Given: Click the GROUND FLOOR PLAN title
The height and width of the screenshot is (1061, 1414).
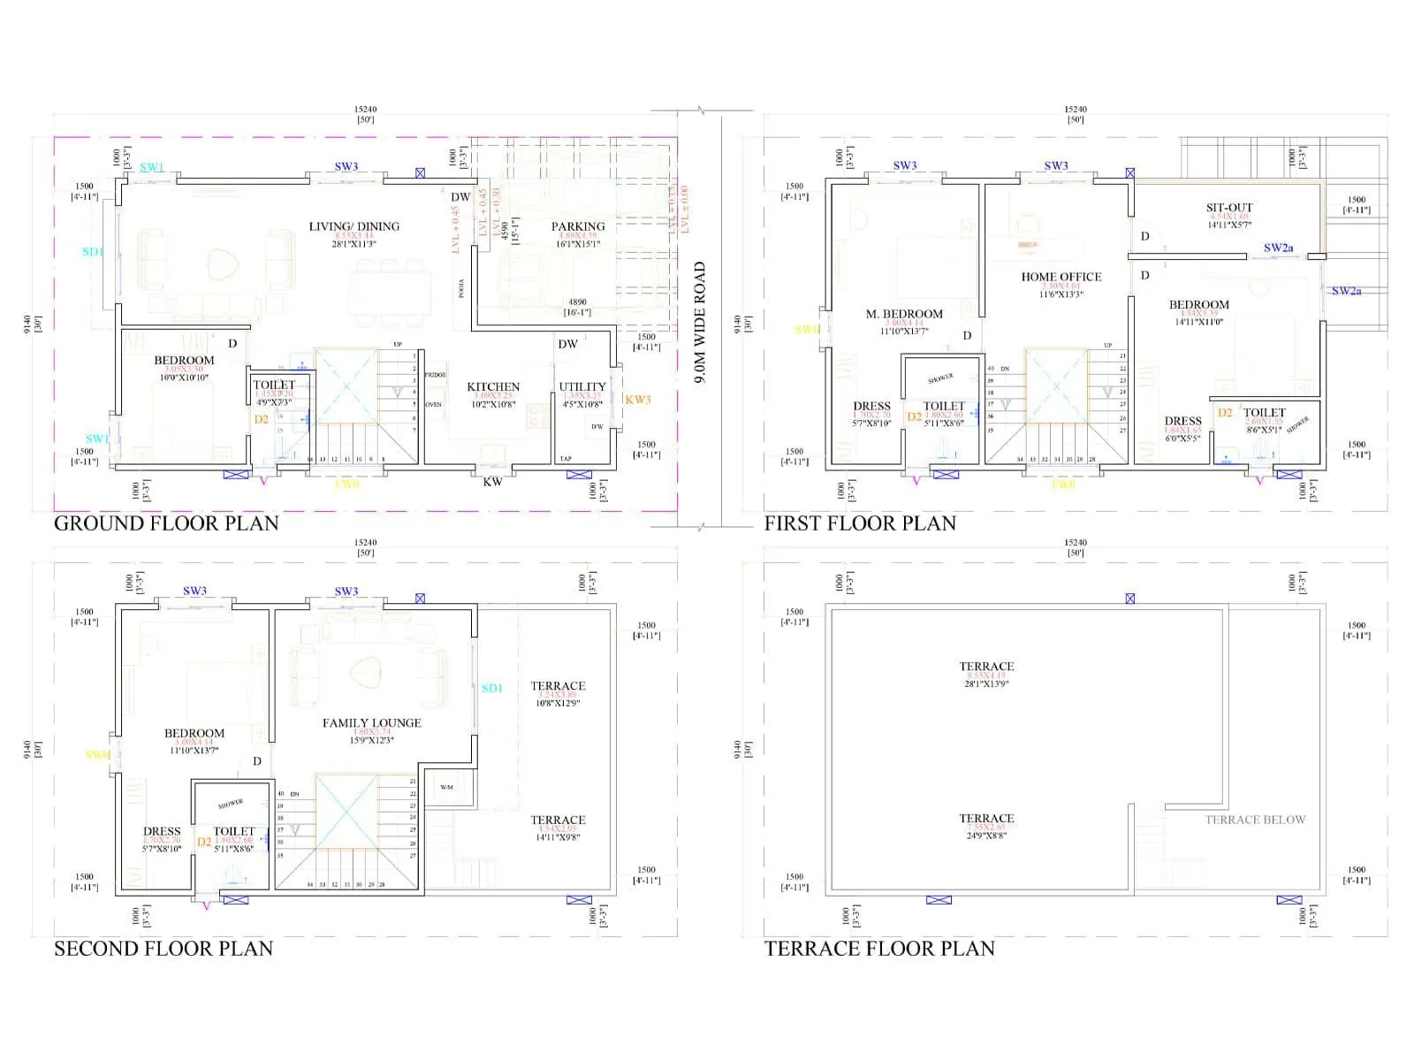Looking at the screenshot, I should coord(166,523).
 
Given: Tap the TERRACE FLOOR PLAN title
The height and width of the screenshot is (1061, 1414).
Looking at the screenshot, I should coord(879,949).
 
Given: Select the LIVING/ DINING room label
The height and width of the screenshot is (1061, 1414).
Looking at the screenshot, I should coord(353,226).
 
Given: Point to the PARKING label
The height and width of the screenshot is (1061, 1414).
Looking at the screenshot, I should coord(578,226).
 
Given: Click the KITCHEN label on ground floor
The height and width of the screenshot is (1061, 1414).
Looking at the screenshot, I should coord(493,386).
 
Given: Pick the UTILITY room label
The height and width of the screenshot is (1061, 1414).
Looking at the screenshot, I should coord(582,386).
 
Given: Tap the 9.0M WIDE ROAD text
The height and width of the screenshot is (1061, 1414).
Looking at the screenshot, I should coord(700,322).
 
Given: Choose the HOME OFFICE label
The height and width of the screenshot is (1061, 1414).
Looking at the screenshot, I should coord(1060,277).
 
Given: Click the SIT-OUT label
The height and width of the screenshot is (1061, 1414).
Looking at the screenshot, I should coord(1229,208).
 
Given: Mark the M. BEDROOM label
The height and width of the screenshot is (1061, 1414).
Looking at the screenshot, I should coord(904,314).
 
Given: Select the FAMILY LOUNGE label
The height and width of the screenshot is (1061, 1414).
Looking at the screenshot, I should coord(371,723).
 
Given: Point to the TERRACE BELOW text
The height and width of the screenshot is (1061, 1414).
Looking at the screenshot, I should coord(1255,820).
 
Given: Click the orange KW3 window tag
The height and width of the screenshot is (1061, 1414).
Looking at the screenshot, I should coord(637,400).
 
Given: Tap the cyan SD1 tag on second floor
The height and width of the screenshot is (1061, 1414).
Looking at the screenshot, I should coord(491,688).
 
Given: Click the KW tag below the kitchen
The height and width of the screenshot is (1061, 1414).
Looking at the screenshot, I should coord(492,482).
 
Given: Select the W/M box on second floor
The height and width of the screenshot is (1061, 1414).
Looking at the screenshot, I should coord(446,787).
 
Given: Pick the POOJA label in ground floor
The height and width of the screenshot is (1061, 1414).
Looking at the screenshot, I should coord(461,289).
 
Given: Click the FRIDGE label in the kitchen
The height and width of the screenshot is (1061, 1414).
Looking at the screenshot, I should coord(436,375).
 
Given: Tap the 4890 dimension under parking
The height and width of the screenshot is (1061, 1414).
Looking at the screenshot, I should coord(577,302).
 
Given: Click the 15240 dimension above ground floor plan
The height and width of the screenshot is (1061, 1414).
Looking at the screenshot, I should coord(365,110).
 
